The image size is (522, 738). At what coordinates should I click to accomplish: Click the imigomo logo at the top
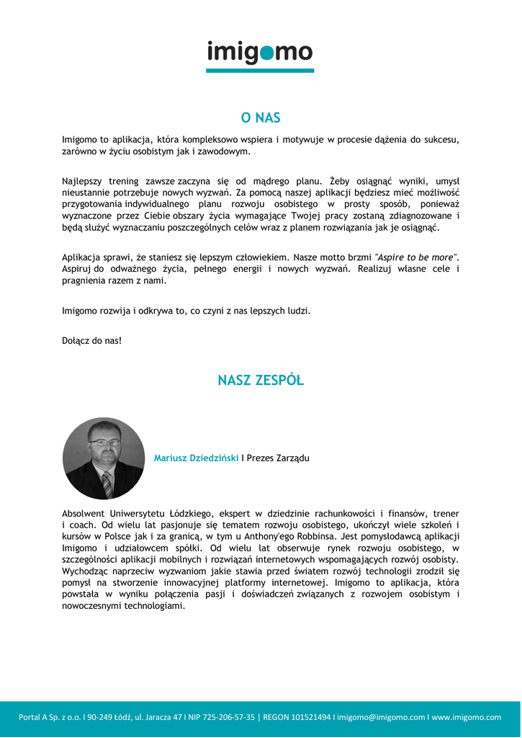tap(260, 52)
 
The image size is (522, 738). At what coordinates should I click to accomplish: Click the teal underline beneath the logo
tap(260, 70)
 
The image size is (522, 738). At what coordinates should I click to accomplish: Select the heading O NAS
tap(261, 118)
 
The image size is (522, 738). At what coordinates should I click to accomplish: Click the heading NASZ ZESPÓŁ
tap(261, 381)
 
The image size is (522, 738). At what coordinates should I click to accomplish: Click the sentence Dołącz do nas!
tap(92, 340)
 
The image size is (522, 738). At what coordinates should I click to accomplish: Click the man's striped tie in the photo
tap(107, 484)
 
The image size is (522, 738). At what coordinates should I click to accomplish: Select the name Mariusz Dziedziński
tap(196, 458)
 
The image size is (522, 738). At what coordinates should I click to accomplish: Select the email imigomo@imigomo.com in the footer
tap(382, 717)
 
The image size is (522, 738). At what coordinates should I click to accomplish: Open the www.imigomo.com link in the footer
tap(467, 717)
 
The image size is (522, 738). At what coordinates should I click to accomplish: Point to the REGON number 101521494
tap(311, 717)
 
